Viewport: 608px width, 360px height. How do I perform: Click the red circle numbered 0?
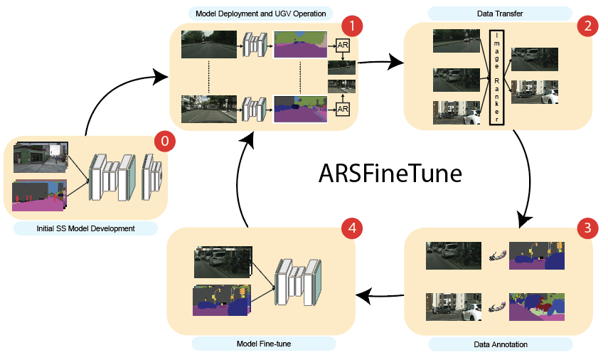coord(165,142)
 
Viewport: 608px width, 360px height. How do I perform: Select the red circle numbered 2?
coord(587,26)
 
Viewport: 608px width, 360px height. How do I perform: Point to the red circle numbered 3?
coord(587,228)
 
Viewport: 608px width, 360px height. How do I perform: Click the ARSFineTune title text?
coord(390,174)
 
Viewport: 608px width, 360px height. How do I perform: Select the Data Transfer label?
coord(500,13)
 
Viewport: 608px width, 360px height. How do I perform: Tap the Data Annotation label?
coord(500,344)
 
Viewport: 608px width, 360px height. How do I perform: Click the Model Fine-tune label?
coord(264,344)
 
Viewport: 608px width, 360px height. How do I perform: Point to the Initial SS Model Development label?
coord(85,228)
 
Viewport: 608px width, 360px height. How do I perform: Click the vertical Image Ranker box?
coord(496,78)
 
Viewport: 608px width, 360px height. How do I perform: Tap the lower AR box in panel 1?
coord(342,108)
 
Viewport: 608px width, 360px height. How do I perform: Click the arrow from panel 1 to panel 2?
coord(380,63)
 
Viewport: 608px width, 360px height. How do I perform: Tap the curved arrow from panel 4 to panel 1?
coord(238,181)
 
